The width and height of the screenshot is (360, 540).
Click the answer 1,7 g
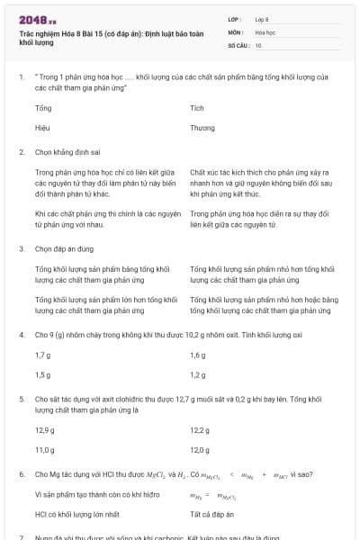[x=42, y=355]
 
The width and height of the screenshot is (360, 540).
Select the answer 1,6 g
[x=198, y=355]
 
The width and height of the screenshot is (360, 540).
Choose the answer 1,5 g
[x=42, y=374]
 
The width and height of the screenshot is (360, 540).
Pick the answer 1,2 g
[x=198, y=374]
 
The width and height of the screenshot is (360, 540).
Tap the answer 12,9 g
[x=45, y=430]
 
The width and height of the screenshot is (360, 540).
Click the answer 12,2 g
[x=200, y=430]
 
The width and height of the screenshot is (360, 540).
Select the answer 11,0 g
[x=45, y=449]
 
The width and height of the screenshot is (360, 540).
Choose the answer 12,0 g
[x=200, y=449]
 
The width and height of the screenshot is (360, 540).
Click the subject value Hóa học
[x=265, y=31]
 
